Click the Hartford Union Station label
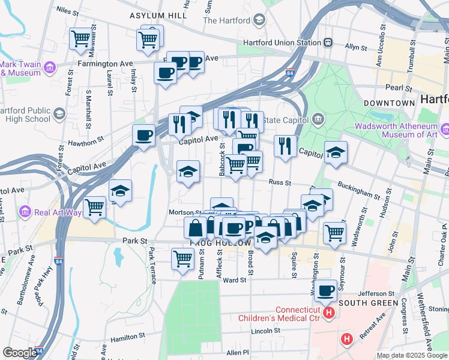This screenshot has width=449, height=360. [x=282, y=43]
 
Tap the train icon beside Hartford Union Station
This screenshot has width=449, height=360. [x=328, y=43]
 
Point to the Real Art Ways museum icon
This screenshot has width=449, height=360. [x=25, y=212]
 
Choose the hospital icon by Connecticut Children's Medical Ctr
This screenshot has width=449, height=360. [x=328, y=313]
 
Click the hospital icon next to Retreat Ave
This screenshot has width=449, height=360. [x=346, y=340]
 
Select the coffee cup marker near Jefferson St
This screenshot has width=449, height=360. [x=326, y=291]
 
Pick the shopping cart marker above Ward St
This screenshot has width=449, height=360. [x=182, y=259]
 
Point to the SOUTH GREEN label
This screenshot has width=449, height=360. [x=368, y=303]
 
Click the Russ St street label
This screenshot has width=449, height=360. [x=280, y=182]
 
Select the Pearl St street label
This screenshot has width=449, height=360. [x=397, y=88]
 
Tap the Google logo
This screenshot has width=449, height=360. [x=19, y=353]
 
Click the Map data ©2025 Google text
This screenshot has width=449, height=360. [x=412, y=355]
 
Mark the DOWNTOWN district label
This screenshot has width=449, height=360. [x=388, y=103]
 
